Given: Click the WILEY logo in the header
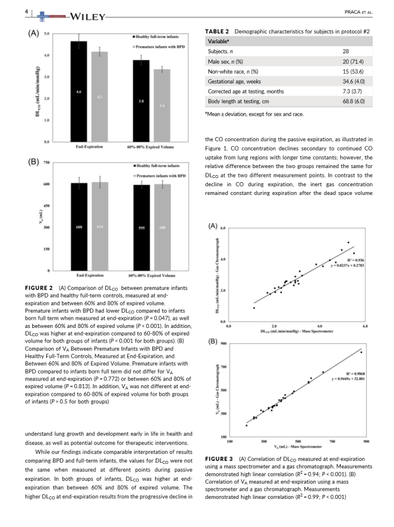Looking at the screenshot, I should [87, 15].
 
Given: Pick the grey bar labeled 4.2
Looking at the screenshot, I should [100, 97].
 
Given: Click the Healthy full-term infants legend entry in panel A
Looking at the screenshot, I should [161, 36].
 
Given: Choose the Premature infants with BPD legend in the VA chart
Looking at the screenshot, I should [161, 174].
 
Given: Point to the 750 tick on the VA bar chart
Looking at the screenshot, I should [46, 163].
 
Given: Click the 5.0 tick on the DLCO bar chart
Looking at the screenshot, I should [46, 34].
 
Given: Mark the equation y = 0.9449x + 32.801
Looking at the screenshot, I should [348, 379].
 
